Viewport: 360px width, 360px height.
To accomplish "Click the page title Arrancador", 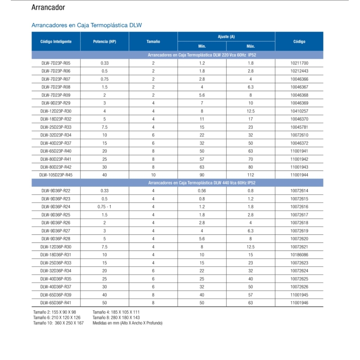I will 48,8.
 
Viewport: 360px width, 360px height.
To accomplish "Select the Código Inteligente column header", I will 56,41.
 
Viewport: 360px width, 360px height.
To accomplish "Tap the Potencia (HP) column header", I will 104,41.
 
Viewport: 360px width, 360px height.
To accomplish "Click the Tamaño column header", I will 153,41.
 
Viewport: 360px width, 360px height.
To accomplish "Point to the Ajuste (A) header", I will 226,36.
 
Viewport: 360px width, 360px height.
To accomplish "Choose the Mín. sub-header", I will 202,46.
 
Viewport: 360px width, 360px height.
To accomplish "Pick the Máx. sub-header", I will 251,46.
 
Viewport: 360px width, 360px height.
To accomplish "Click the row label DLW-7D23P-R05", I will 56,63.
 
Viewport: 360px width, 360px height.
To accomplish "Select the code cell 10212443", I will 299,71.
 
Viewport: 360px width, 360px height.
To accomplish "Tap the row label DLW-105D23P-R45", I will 56,175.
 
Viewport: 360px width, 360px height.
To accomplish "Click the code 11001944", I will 299,175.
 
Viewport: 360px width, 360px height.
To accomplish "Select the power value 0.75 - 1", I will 104,206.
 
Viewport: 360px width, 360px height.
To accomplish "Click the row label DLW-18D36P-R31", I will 56,254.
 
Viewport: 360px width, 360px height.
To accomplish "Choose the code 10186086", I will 299,254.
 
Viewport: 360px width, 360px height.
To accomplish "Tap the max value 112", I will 251,175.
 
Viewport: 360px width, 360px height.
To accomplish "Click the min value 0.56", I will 202,191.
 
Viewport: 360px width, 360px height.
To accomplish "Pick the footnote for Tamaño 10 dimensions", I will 58,323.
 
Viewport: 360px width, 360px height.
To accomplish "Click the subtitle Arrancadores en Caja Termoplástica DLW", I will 86,25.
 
